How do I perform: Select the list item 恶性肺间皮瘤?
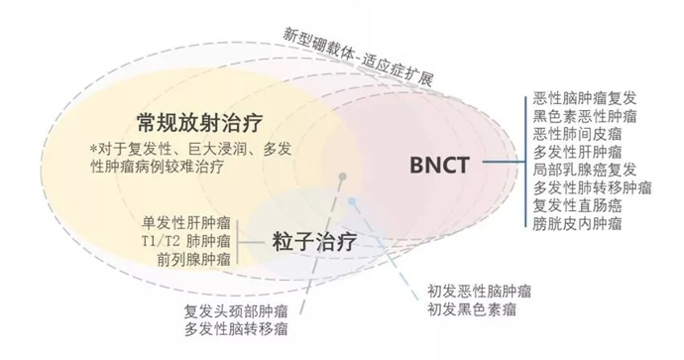click(x=578, y=134)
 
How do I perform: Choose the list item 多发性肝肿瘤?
click(x=578, y=152)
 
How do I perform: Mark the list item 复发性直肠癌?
click(x=578, y=205)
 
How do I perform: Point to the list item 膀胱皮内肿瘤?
click(x=578, y=223)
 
